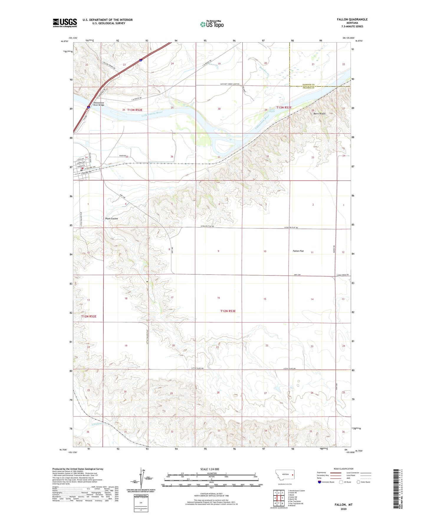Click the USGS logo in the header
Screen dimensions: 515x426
pos(65,23)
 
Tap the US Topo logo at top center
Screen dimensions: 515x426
pos(212,24)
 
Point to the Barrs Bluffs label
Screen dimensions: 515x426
pos(319,114)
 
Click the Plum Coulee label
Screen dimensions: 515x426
pos(111,219)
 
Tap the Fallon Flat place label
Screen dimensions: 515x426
pos(298,251)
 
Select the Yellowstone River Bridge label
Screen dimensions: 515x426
pos(99,104)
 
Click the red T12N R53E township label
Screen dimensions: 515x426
pos(228,311)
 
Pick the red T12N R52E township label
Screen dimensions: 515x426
pos(89,316)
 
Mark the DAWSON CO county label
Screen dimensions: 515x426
pos(308,85)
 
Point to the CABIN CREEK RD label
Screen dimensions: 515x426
pos(343,275)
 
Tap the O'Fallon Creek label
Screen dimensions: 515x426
pos(97,424)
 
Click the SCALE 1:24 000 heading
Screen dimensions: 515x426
pos(210,469)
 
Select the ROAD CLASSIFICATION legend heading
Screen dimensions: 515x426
pos(343,469)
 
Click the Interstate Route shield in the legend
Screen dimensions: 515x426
pos(320,482)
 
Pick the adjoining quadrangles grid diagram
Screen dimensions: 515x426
pos(279,498)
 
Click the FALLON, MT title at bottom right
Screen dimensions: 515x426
pos(343,505)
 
